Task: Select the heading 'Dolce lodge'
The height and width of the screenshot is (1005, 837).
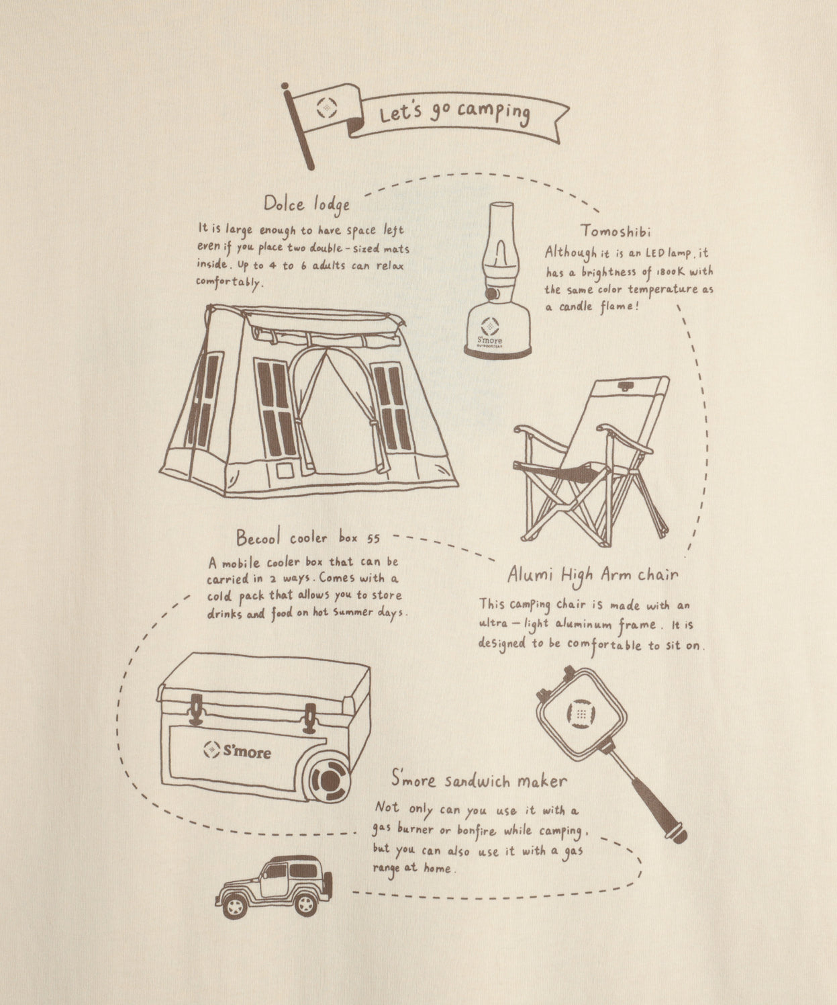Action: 306,204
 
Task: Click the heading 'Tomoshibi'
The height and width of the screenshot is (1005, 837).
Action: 617,231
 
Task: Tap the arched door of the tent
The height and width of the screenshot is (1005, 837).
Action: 340,410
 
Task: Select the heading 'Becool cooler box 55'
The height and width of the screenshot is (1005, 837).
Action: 308,538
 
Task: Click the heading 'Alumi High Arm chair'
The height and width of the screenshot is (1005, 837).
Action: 592,575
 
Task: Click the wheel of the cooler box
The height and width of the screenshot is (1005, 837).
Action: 328,779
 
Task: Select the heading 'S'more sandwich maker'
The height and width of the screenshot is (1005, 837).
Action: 479,781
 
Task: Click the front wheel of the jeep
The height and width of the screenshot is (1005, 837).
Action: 235,907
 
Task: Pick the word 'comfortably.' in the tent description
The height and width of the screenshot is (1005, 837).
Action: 228,282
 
